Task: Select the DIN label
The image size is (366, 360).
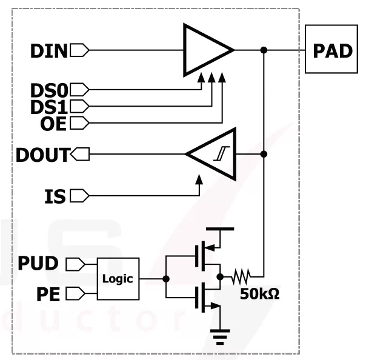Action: pyautogui.click(x=49, y=51)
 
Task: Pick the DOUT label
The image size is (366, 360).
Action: pyautogui.click(x=42, y=155)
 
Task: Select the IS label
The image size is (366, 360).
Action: pyautogui.click(x=55, y=196)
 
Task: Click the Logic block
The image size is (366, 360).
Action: pyautogui.click(x=118, y=279)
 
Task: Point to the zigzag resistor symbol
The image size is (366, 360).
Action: pyautogui.click(x=241, y=278)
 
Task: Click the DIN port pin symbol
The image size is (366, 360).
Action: pyautogui.click(x=79, y=50)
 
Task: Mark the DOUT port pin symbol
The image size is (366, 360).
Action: pyautogui.click(x=81, y=155)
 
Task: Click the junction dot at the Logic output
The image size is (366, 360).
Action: pyautogui.click(x=166, y=279)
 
